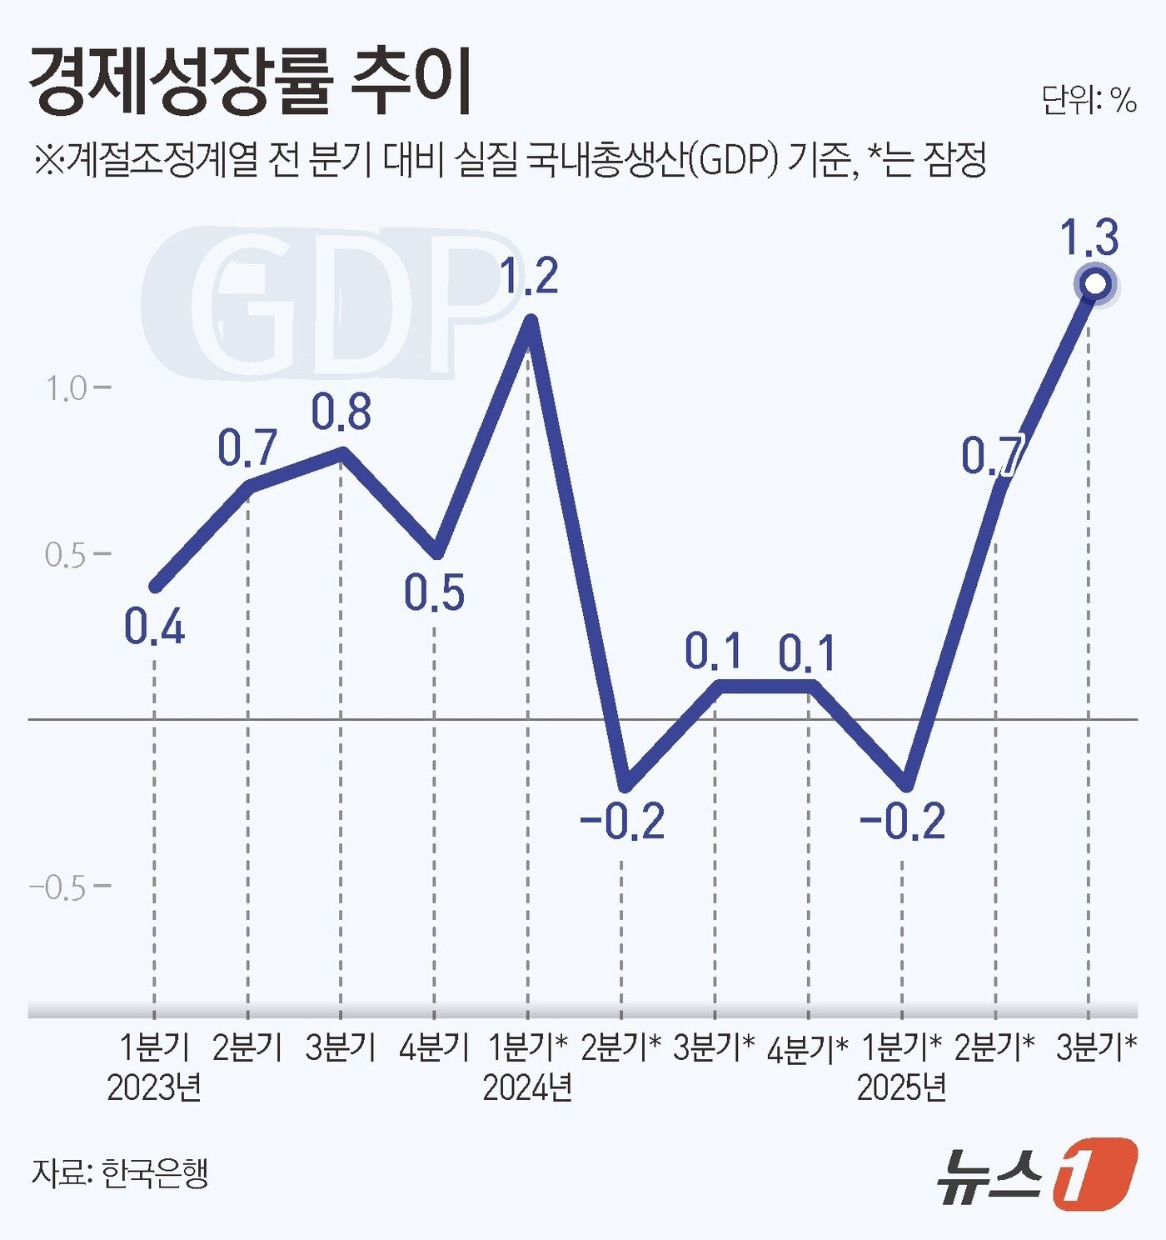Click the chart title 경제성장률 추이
(x=250, y=82)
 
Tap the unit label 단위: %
(x=1089, y=101)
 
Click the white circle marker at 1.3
(x=1094, y=285)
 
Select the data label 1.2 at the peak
(x=529, y=277)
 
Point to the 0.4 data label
(x=155, y=627)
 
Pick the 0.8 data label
(x=341, y=412)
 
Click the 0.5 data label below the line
(x=434, y=592)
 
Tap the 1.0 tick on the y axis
(x=67, y=389)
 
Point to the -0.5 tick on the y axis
(x=58, y=888)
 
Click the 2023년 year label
(x=155, y=1087)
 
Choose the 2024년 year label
(x=528, y=1087)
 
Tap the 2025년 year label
(x=902, y=1087)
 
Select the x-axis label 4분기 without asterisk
(x=434, y=1047)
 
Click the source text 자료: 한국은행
(x=120, y=1172)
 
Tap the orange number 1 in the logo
(x=1094, y=1172)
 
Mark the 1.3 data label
(x=1089, y=237)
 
